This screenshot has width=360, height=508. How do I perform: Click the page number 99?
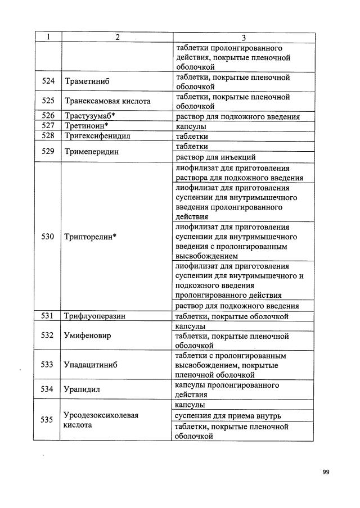[x=326, y=471]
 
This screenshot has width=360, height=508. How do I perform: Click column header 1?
[x=48, y=37]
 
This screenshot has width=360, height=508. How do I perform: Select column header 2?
[x=117, y=37]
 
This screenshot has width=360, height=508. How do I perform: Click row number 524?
[x=48, y=81]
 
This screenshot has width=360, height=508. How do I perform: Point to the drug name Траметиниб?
[x=87, y=81]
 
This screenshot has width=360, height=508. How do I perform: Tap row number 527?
[x=48, y=126]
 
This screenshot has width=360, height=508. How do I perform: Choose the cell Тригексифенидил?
[x=96, y=136]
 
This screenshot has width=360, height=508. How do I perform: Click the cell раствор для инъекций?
[x=215, y=157]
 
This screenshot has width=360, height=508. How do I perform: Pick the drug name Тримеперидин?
[x=92, y=152]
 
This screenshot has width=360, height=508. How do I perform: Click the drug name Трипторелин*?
[x=91, y=237]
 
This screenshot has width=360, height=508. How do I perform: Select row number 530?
[x=48, y=237]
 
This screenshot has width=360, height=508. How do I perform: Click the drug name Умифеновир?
[x=88, y=335]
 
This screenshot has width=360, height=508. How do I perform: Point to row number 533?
[x=48, y=364]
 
